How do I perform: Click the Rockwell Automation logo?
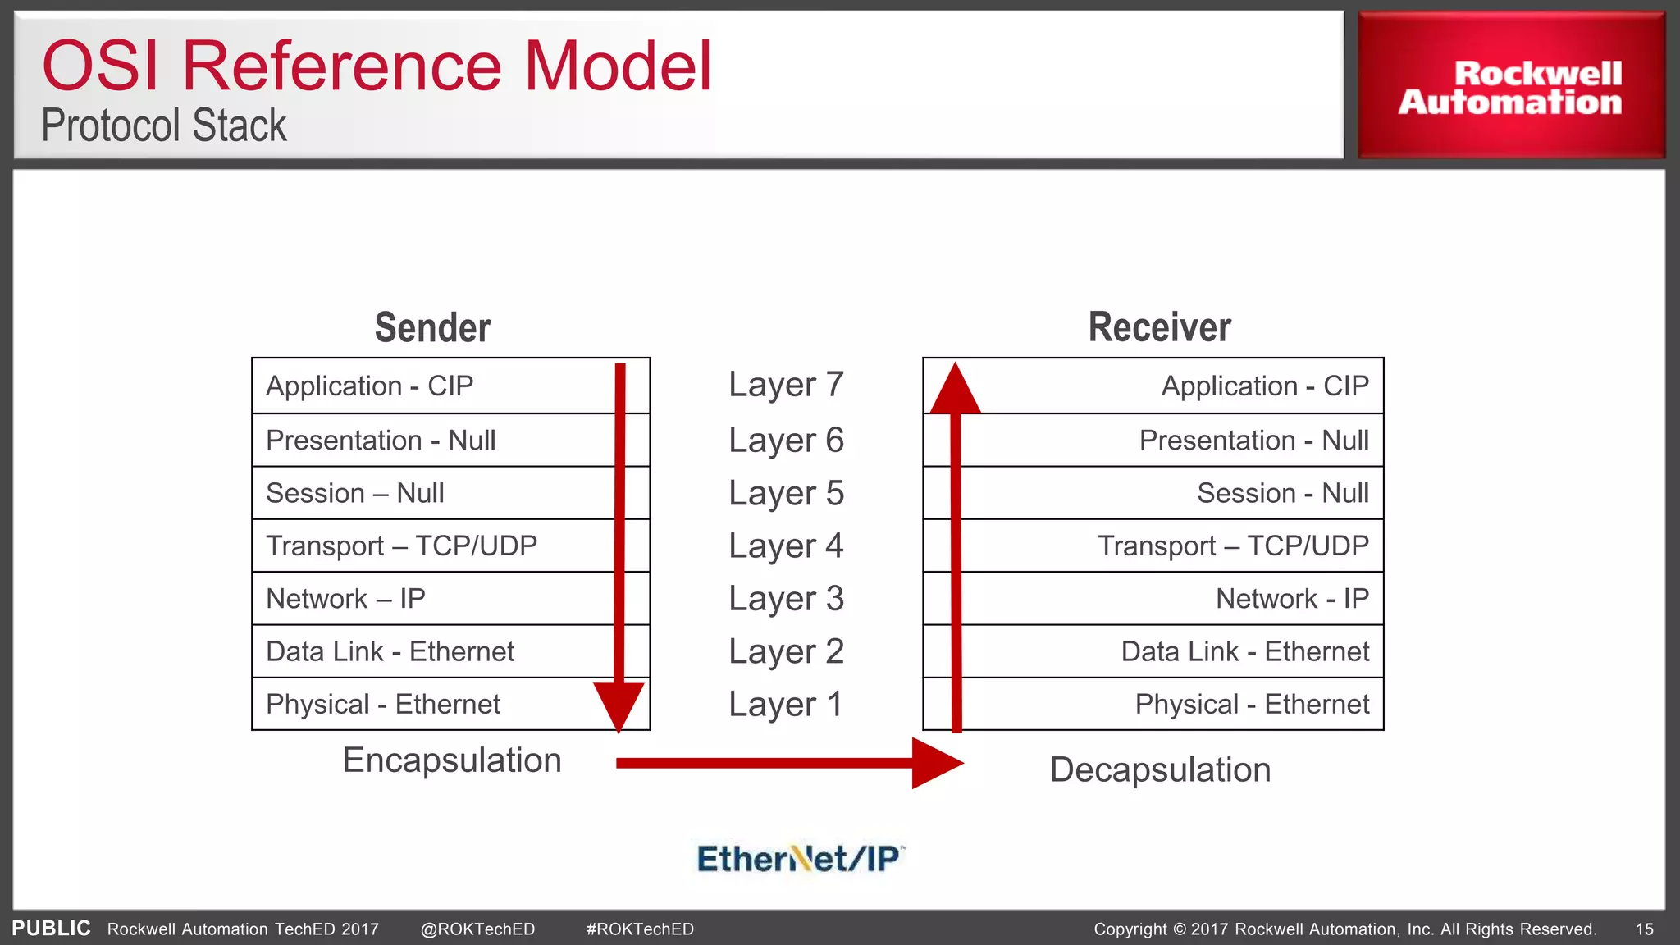pos(1510,87)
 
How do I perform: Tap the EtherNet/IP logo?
pos(800,859)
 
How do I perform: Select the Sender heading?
pos(432,327)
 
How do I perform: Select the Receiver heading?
pos(1159,327)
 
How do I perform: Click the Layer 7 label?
pos(786,385)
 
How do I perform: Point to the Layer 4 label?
pos(786,546)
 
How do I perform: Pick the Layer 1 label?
pos(786,705)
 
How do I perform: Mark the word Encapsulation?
pos(452,760)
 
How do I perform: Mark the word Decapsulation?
pos(1160,770)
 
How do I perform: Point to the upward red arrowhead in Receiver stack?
pos(955,390)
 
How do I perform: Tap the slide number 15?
pos(1644,929)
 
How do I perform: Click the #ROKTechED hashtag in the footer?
pos(640,929)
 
